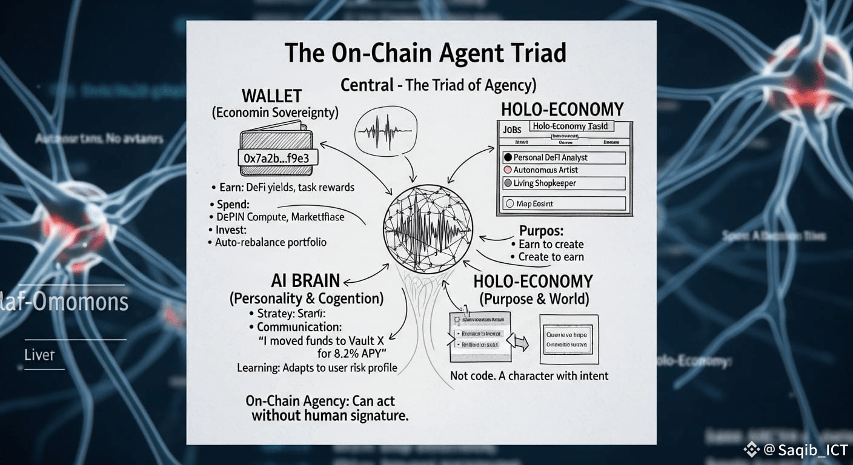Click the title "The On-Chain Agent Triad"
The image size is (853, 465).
click(x=425, y=53)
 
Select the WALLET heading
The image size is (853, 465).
click(x=271, y=96)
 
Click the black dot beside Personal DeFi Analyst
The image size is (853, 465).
click(x=508, y=157)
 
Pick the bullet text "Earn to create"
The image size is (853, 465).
click(x=551, y=244)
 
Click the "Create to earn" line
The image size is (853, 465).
click(x=551, y=257)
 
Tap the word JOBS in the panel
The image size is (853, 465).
click(x=512, y=129)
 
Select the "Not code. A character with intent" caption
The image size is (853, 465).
click(x=529, y=376)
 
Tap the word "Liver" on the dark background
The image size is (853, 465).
click(x=39, y=355)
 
